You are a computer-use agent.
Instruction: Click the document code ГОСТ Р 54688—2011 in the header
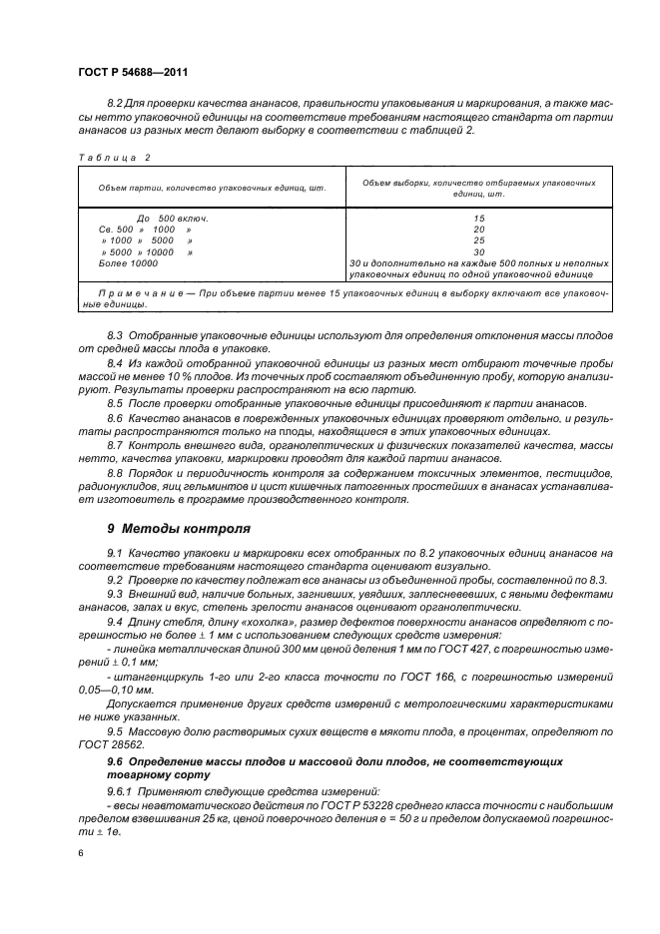[x=132, y=73]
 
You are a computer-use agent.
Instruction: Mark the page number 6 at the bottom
[x=80, y=854]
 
